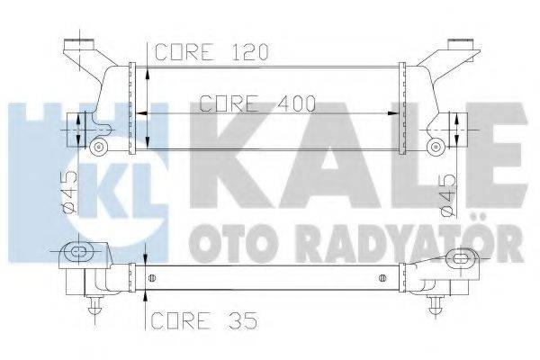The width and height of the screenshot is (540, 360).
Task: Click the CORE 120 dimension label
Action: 212,51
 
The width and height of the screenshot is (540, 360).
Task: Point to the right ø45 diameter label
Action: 448,191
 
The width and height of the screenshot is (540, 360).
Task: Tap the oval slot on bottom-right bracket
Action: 466,258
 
